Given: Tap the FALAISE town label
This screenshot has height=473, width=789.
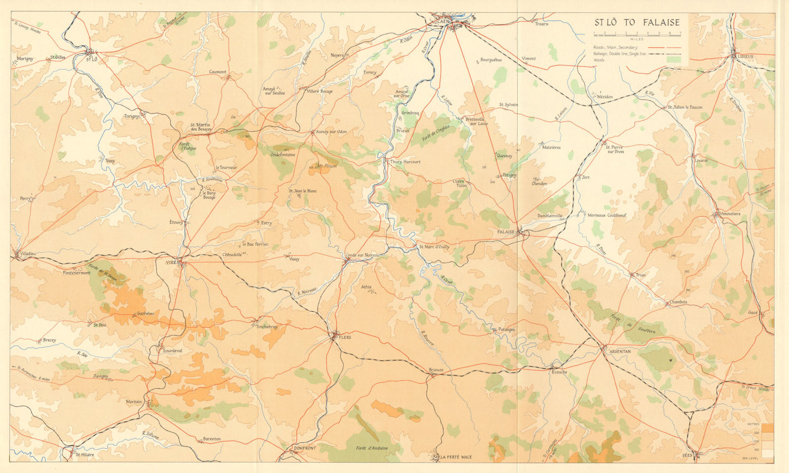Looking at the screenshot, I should click(x=506, y=231).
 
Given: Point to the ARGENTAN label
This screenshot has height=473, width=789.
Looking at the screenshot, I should click(x=620, y=351).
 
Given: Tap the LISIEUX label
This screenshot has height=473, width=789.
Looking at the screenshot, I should click(x=745, y=57).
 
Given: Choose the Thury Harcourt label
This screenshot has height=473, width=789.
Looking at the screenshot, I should click(x=405, y=162).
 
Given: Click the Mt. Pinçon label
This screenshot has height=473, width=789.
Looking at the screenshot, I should click(x=326, y=166).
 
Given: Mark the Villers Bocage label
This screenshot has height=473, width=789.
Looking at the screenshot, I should click(x=320, y=91).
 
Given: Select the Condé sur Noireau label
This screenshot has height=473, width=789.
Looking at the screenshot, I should click(x=363, y=255).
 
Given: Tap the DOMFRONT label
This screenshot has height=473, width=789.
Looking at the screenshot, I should click(x=304, y=448).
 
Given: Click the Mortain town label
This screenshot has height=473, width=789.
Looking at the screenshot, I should click(x=134, y=401).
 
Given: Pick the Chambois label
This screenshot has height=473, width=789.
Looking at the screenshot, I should click(x=678, y=302).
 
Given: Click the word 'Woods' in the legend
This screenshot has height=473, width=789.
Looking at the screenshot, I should click(x=599, y=60).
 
